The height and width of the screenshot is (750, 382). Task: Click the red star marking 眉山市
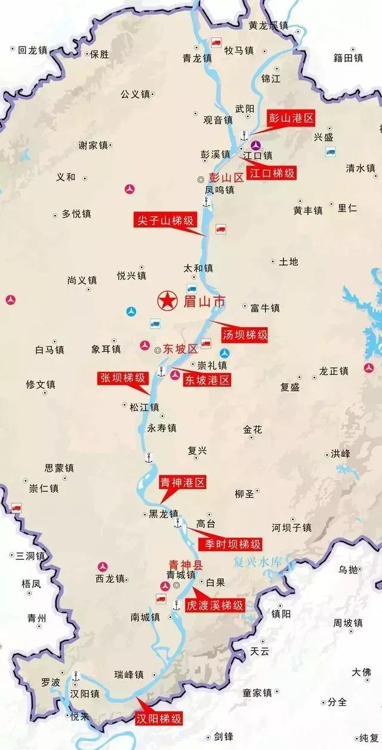click(x=167, y=301)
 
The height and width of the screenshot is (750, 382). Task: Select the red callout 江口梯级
click(x=272, y=174)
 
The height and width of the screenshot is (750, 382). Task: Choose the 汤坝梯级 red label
click(x=244, y=335)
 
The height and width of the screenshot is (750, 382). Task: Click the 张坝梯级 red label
click(x=123, y=377)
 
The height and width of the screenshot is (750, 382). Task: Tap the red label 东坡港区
click(x=207, y=380)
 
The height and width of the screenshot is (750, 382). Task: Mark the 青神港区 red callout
click(x=183, y=482)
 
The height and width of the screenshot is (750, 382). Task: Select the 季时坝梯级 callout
click(x=230, y=544)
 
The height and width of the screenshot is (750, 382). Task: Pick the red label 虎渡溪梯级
click(x=215, y=605)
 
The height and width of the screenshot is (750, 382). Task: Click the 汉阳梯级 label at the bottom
click(x=158, y=718)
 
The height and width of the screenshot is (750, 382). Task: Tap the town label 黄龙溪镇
click(x=269, y=26)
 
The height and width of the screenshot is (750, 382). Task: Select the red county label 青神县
click(x=186, y=563)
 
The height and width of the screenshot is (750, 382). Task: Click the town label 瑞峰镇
click(x=129, y=675)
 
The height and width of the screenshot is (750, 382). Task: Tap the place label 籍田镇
click(x=349, y=58)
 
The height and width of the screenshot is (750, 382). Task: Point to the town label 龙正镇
click(x=334, y=371)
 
